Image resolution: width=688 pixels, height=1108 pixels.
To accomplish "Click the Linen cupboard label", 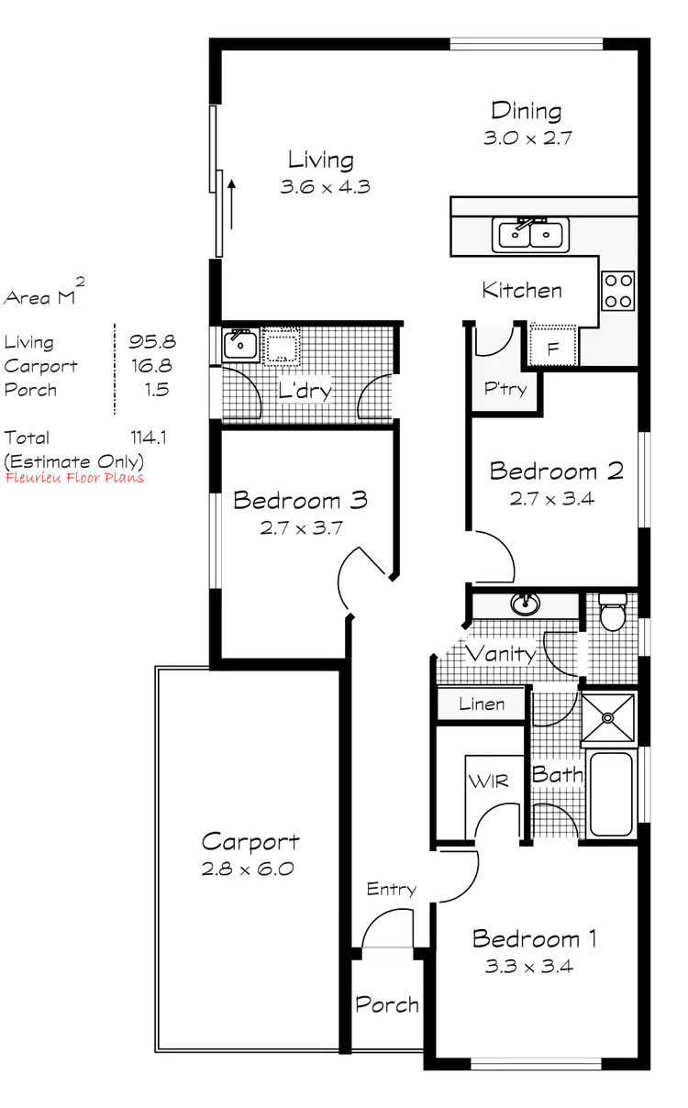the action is [x=482, y=704].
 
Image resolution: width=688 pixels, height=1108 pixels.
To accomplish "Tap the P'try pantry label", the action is [x=505, y=390].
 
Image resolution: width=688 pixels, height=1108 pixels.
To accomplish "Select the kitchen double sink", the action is [x=531, y=234].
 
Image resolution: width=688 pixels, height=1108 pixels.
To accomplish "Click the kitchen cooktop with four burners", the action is [x=617, y=290].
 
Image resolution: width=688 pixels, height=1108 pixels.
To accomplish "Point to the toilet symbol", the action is [x=612, y=613].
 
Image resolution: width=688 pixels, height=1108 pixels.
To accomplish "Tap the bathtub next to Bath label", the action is [x=612, y=793].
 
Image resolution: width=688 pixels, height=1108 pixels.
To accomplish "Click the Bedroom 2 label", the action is [x=558, y=472].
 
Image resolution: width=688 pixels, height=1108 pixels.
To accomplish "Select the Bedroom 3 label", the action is [x=301, y=501].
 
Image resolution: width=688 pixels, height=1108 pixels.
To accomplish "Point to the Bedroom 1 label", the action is [x=537, y=939].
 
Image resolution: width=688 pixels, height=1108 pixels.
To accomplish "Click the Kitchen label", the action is [x=523, y=292].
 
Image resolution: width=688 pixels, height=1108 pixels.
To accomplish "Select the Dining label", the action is [x=526, y=111].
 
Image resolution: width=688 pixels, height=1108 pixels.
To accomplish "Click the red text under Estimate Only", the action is [x=75, y=478].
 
